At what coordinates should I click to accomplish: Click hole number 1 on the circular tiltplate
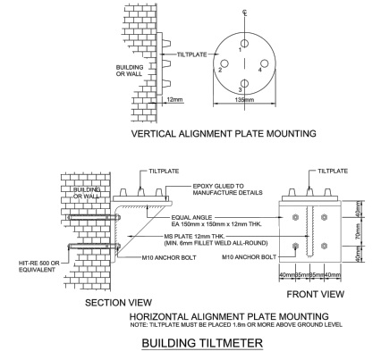click(x=245, y=44)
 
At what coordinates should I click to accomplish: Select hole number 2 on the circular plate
click(x=224, y=63)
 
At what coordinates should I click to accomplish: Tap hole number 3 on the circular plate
click(x=244, y=83)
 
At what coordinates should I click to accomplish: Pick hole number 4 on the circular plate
click(x=265, y=63)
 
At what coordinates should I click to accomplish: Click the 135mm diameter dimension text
click(x=244, y=99)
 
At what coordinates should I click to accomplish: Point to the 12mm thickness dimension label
click(x=174, y=99)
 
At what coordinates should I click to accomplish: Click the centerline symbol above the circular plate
click(x=245, y=13)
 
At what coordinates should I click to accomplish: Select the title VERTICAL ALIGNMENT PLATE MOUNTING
click(x=224, y=133)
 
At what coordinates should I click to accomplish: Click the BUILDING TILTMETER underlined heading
click(x=202, y=343)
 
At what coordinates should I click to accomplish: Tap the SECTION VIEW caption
click(x=118, y=303)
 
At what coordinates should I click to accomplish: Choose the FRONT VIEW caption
click(x=316, y=294)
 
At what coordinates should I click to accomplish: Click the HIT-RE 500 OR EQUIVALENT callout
click(x=39, y=266)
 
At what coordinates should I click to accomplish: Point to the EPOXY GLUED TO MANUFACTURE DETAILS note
click(x=227, y=189)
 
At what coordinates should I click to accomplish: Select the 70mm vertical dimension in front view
click(x=359, y=231)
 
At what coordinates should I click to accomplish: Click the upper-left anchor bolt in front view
click(x=295, y=217)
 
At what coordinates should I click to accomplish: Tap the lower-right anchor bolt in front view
click(x=324, y=246)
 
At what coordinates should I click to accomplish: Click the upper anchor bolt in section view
click(x=94, y=218)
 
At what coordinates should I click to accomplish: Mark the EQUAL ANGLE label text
click(x=191, y=217)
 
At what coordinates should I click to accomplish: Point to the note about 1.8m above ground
click(x=236, y=325)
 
